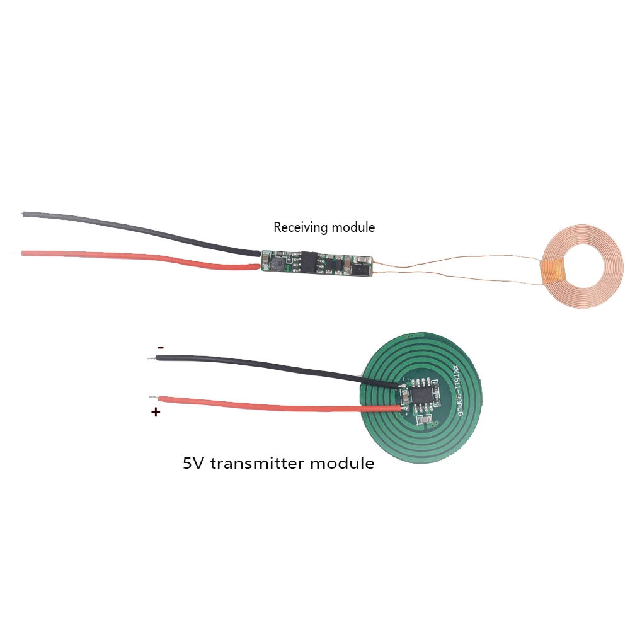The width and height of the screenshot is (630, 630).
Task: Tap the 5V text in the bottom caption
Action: [x=194, y=464]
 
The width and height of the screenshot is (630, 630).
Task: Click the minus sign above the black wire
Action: [x=161, y=347]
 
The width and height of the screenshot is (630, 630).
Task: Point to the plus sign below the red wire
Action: [x=155, y=413]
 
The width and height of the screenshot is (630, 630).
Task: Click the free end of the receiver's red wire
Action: [x=24, y=253]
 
